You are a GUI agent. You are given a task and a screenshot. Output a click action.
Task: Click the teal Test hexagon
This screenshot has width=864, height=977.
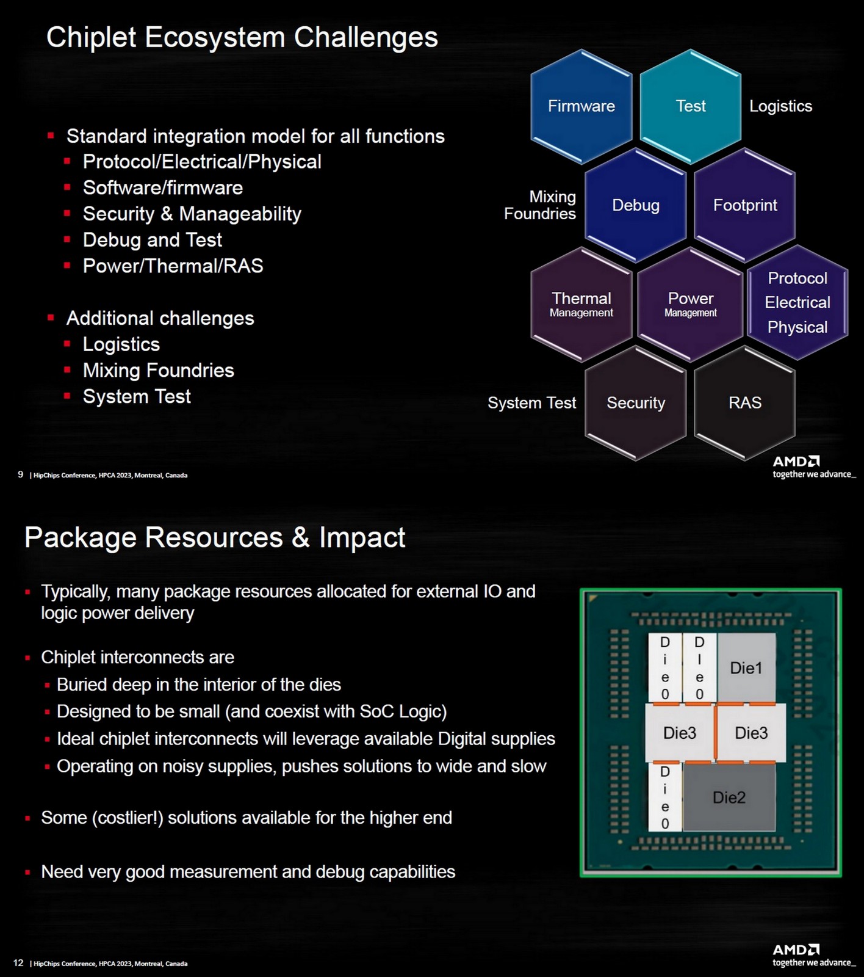click(690, 106)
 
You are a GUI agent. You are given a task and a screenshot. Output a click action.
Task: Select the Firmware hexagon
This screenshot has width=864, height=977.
click(581, 106)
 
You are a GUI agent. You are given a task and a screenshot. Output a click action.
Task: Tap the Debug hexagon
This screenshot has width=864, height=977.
click(635, 205)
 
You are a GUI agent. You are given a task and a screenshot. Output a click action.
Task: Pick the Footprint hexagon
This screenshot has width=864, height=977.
click(744, 205)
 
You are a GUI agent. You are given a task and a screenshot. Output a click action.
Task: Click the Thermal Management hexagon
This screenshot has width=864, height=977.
click(581, 304)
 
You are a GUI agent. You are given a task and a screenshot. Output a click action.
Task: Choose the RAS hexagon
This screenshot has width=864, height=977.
click(744, 403)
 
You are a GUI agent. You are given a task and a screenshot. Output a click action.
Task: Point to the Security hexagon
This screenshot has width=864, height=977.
click(635, 403)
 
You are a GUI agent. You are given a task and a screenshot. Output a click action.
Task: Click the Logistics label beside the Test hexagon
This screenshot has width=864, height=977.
click(780, 106)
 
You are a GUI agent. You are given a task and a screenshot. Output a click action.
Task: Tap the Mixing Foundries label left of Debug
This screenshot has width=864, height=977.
click(540, 205)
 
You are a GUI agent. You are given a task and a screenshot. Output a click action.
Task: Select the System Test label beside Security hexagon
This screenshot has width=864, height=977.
click(531, 403)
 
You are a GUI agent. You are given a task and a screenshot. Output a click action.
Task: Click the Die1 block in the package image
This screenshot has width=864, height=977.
click(746, 668)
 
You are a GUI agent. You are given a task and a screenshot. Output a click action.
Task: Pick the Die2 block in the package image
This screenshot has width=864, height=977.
click(729, 797)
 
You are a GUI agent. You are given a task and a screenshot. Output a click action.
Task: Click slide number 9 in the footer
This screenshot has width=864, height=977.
click(21, 474)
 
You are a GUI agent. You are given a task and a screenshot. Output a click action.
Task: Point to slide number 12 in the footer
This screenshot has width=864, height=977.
click(18, 963)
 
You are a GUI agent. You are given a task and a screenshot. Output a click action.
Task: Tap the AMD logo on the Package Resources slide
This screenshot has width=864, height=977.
click(796, 950)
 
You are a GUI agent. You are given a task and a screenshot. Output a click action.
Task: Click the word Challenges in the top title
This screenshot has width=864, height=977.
click(366, 37)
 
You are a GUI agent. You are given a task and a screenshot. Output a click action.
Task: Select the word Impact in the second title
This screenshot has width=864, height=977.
click(362, 538)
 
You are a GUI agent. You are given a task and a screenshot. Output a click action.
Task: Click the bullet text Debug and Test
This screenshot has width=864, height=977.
click(152, 240)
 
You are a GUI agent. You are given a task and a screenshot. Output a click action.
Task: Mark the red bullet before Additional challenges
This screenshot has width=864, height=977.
click(51, 318)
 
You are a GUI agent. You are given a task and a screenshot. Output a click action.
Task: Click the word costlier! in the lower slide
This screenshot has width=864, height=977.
click(129, 818)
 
